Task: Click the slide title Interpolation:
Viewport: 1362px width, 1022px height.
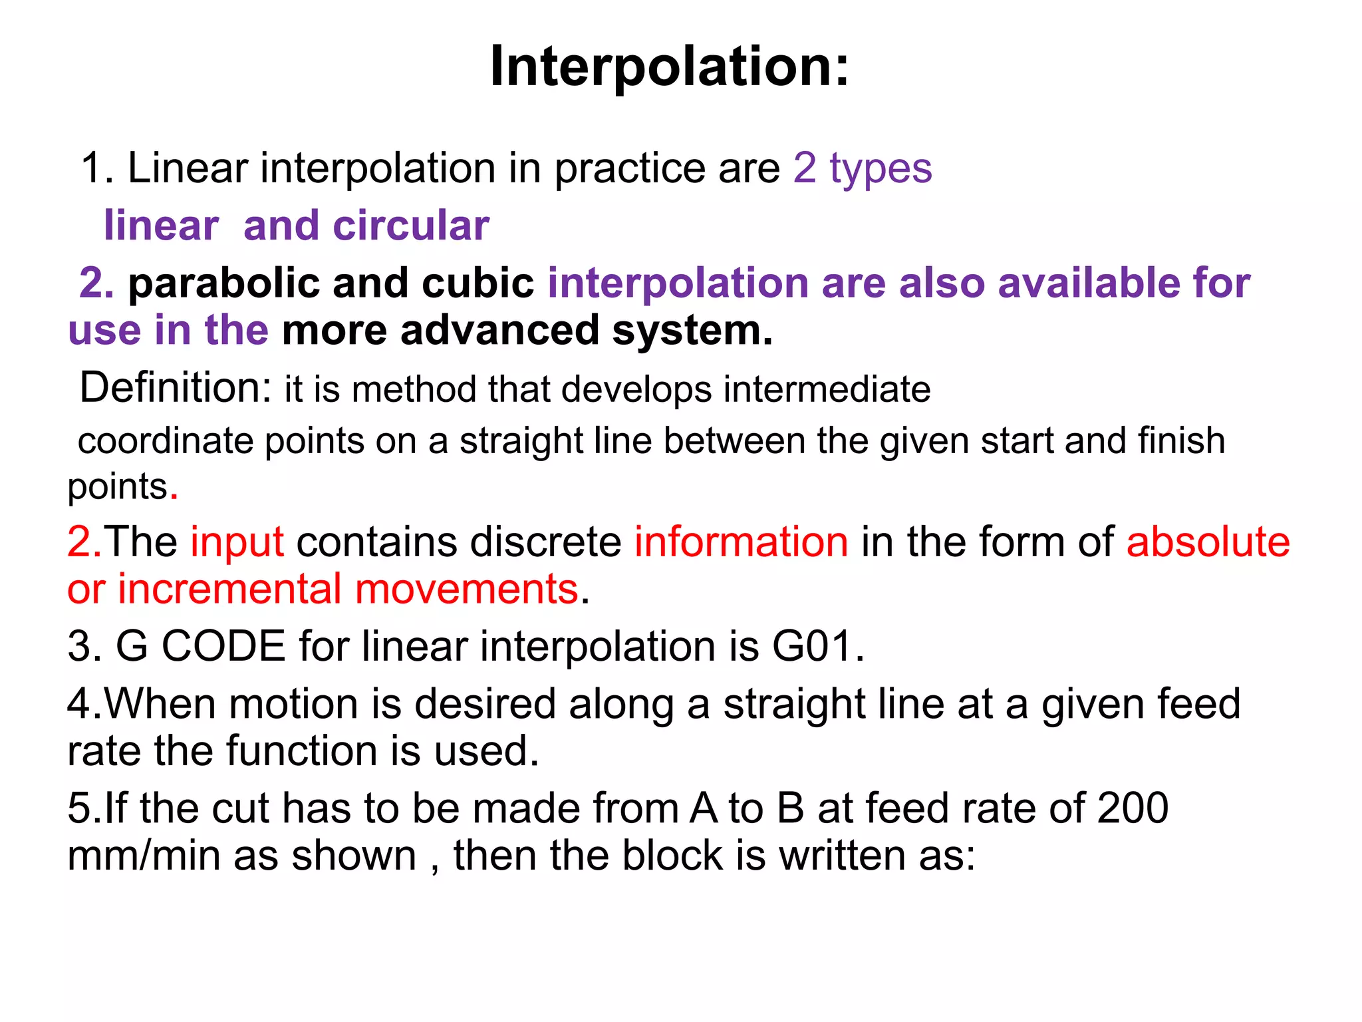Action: pos(669,67)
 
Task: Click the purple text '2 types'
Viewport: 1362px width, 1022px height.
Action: pos(863,168)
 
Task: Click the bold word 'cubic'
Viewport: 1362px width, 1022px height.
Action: pos(477,283)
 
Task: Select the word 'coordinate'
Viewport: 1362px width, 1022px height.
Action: pos(166,441)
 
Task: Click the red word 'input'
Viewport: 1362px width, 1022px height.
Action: pos(237,542)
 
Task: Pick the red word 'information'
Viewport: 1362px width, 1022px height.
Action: pos(741,542)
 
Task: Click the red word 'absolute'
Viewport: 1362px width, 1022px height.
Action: pos(1208,542)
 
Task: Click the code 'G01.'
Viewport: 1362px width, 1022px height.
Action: pos(818,646)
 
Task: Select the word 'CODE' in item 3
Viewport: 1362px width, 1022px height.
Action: pos(223,646)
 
